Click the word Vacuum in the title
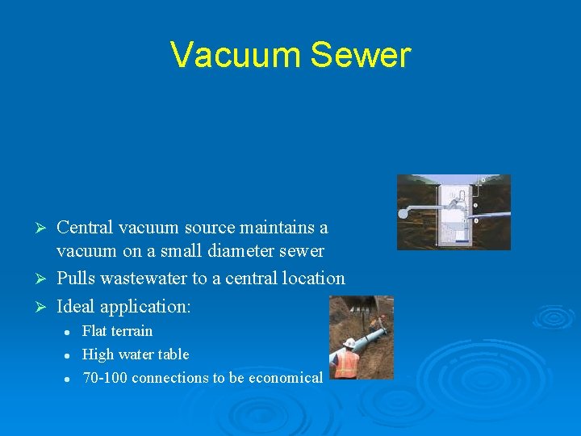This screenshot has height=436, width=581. coord(235,55)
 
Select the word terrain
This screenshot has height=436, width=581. coord(132,331)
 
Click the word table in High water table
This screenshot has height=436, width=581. coord(175,354)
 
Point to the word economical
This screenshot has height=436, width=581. coord(286,378)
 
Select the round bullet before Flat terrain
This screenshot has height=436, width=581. coord(69,332)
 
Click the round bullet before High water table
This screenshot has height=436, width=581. coord(69,355)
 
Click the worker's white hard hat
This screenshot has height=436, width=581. coord(349,342)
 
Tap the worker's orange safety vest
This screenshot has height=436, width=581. coord(347,363)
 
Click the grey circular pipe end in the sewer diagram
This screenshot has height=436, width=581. coord(403,213)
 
